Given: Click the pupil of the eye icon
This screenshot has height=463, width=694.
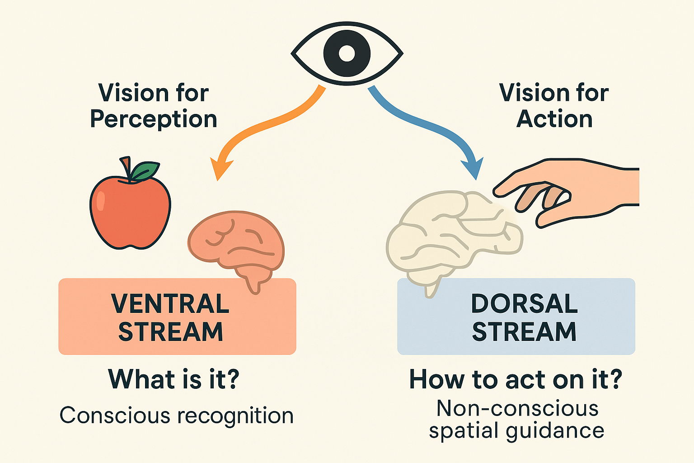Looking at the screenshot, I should (x=347, y=53).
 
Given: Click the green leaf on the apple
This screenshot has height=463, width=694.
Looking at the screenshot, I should (x=145, y=171).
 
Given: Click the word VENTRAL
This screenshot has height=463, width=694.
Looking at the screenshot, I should (x=170, y=303).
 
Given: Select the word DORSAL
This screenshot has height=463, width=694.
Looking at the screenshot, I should (x=524, y=303).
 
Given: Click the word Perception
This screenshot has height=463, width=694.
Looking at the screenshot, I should (x=154, y=119).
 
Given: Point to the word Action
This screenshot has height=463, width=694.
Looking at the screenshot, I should (x=554, y=119).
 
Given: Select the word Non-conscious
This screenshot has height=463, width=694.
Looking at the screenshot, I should (x=517, y=408).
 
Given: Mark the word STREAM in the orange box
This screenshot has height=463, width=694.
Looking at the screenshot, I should (x=170, y=332).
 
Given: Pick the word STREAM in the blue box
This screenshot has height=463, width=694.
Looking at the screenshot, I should (x=524, y=332).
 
